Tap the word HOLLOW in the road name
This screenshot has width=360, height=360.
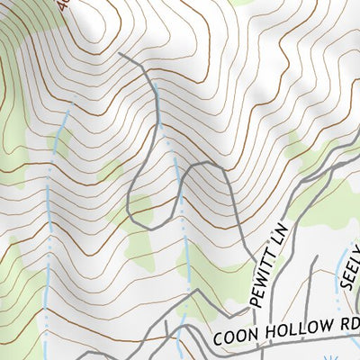[x=287, y=328]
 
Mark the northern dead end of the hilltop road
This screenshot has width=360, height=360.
[x=121, y=53]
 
